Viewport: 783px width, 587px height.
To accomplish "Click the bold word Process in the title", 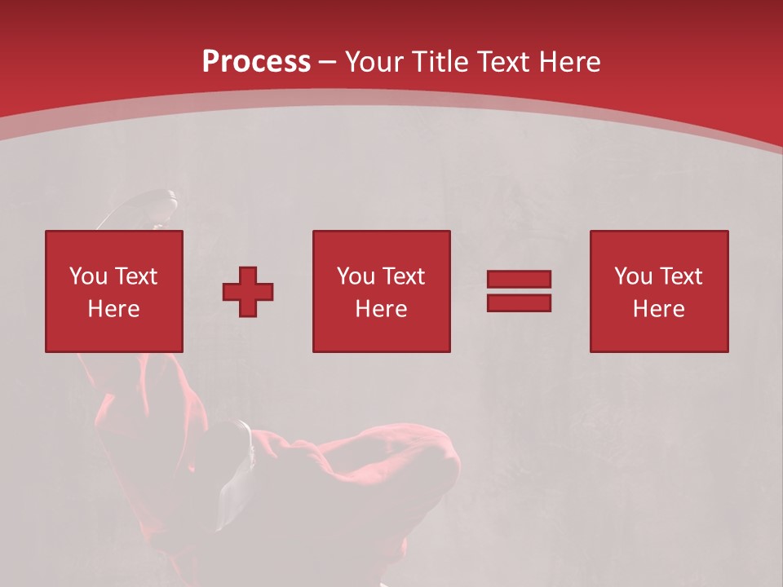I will coord(256,62).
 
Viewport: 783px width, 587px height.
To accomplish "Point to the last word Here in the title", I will coord(571,62).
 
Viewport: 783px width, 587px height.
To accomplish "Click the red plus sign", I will coord(248,292).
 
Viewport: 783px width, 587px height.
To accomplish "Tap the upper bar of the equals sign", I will coord(519,280).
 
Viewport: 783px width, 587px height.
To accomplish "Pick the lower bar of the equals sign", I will coord(519,303).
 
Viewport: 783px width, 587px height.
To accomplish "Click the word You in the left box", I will coord(88,276).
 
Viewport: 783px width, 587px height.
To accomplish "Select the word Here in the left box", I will coord(113,309).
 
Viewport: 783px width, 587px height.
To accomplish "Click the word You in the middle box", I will coord(356,276).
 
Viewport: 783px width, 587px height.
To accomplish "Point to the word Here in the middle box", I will coord(381,309).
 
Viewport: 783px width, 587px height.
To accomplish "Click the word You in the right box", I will coord(633,276).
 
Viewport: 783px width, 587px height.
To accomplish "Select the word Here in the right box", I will coord(658,309).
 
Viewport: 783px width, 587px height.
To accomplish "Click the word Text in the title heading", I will coord(504,62).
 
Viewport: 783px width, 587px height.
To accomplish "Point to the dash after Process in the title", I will coord(328,63).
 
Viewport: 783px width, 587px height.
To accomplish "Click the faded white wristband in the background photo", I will coord(242,441).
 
